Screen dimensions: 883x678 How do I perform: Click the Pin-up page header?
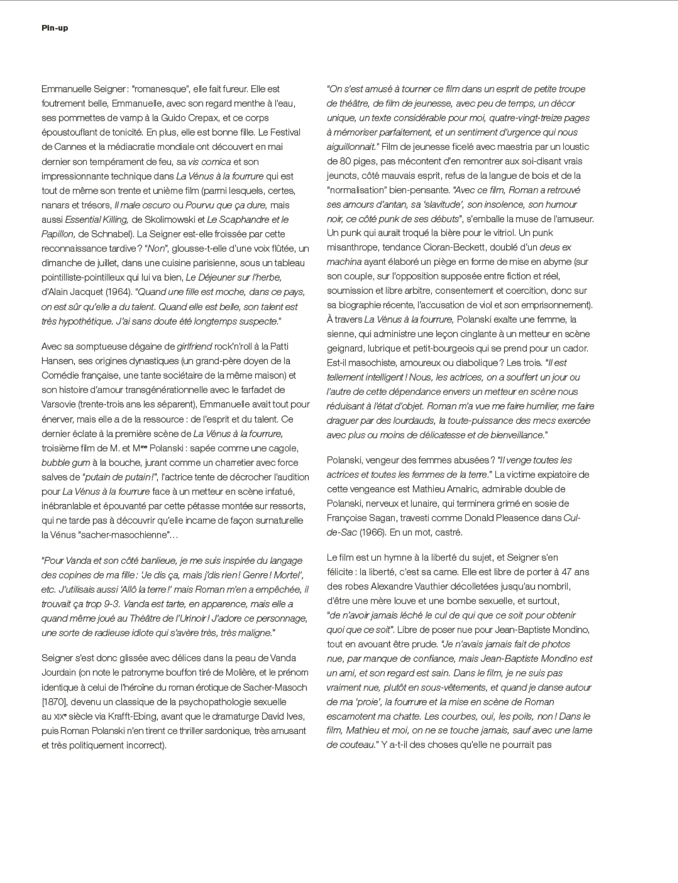tap(55, 28)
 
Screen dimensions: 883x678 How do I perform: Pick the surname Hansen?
tap(57, 361)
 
